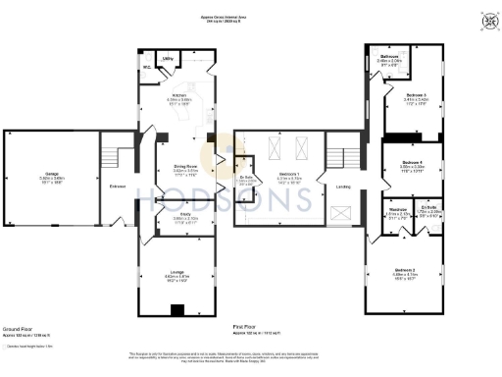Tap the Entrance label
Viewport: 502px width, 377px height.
(118, 186)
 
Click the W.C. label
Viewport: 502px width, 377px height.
(146, 68)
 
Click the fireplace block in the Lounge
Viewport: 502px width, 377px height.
(176, 311)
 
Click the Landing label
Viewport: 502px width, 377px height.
(343, 186)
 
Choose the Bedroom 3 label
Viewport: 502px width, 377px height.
(397, 95)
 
